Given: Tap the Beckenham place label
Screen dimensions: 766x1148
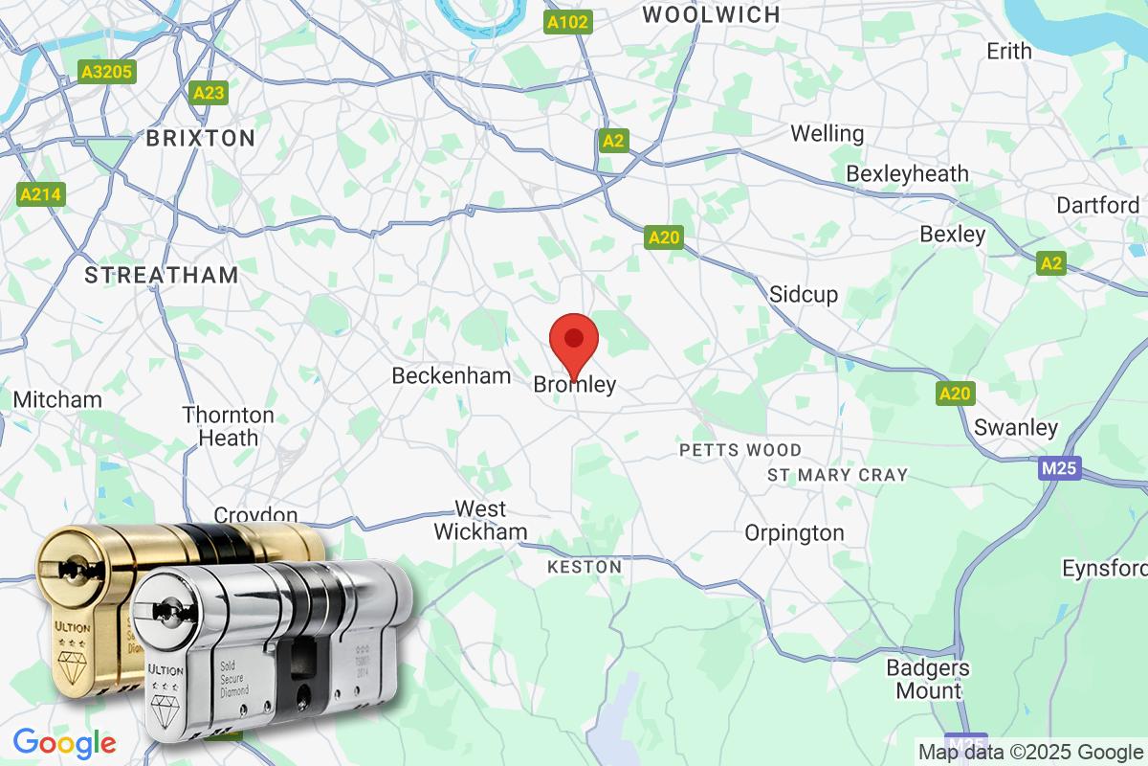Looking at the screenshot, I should (x=452, y=376).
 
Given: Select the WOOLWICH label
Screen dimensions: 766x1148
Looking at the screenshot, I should (x=711, y=14).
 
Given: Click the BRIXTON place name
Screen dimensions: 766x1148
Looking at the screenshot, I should (x=200, y=138).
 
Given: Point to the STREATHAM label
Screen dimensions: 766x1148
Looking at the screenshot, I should (x=162, y=276).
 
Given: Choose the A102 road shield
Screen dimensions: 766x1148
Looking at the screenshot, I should (x=568, y=22).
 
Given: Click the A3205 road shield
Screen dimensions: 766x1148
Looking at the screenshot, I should (x=107, y=72).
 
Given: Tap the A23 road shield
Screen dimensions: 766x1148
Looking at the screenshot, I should (x=209, y=93).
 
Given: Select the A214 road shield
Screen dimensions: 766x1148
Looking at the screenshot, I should (x=41, y=195).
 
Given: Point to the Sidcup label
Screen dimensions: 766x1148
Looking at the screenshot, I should (x=804, y=294).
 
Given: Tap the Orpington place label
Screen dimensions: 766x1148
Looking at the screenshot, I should (x=794, y=533).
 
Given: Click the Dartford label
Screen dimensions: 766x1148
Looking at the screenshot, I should (x=1097, y=205).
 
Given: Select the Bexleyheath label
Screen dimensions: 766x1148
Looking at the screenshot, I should (x=907, y=174).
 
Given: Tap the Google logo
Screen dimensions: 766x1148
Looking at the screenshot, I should (x=64, y=742).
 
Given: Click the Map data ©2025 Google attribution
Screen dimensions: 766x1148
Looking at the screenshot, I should (x=1030, y=752).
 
